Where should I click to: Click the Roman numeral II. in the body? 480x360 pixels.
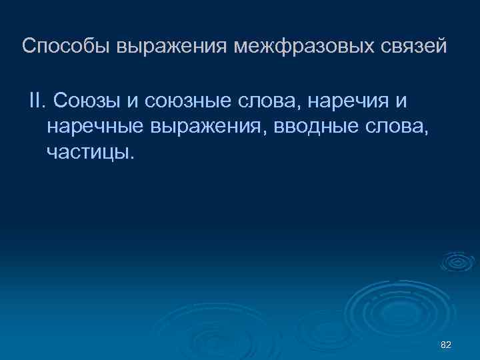(37, 101)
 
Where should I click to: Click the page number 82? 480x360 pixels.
(447, 344)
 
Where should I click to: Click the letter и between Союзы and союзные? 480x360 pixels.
(130, 101)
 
